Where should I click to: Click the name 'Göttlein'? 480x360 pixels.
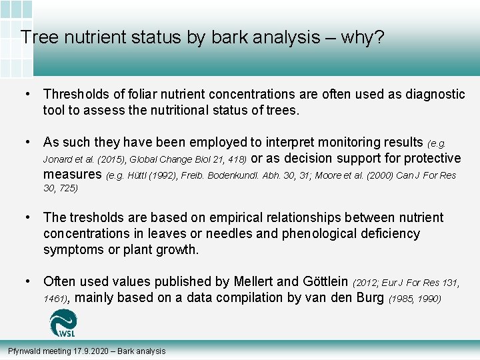[320, 282]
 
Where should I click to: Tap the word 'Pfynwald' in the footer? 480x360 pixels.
[24, 351]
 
